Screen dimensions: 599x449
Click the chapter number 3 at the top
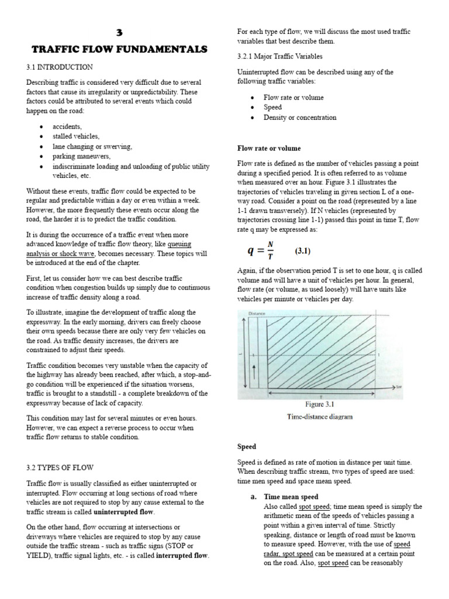click(x=116, y=33)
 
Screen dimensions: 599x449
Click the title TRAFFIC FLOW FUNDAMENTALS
click(x=116, y=50)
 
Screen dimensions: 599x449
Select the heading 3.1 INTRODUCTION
click(x=60, y=68)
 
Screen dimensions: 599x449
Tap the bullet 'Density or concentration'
click(x=299, y=118)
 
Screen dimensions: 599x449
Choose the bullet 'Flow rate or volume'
click(x=293, y=98)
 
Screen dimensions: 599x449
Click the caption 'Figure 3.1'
click(x=319, y=404)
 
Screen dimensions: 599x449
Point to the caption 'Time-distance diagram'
click(x=319, y=417)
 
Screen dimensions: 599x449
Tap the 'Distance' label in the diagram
click(x=257, y=314)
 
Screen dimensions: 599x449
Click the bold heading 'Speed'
click(x=247, y=446)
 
